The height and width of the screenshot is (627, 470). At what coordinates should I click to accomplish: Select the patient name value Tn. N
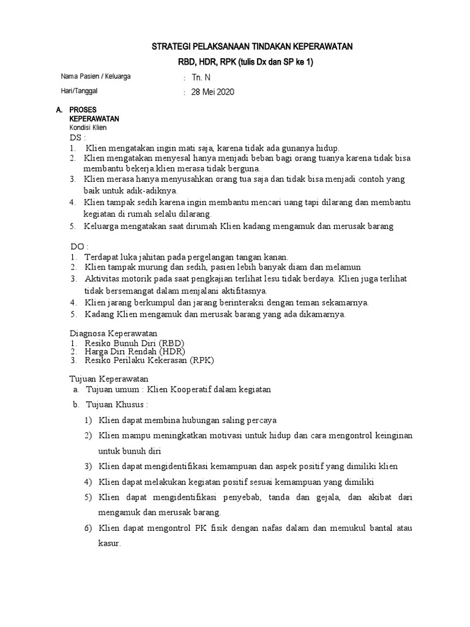pyautogui.click(x=201, y=78)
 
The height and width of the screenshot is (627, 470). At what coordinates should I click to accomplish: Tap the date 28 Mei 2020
pyautogui.click(x=213, y=92)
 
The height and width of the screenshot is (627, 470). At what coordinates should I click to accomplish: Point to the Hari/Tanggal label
pyautogui.click(x=80, y=91)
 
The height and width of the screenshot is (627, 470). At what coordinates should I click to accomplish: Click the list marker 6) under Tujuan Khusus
pyautogui.click(x=88, y=528)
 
